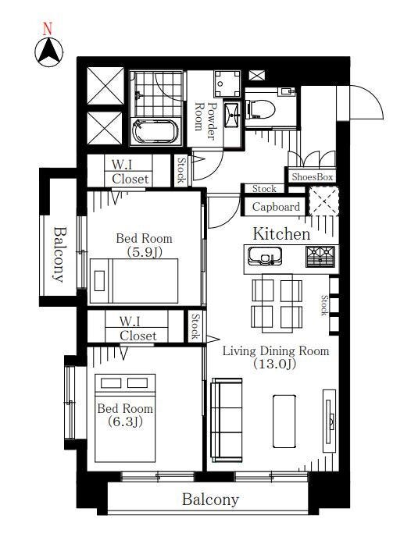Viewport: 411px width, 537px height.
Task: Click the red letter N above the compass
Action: click(48, 29)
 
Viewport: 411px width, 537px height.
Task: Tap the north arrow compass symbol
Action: click(49, 52)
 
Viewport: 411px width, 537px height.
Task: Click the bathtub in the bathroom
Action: click(156, 131)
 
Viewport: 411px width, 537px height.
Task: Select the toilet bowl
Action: click(260, 109)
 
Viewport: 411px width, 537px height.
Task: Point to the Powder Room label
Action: click(205, 121)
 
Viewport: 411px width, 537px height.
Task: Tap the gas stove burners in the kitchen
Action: click(320, 257)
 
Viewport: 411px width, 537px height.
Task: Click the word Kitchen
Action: click(281, 234)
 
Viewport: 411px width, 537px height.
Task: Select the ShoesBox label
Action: click(313, 176)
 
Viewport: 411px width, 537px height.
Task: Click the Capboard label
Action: click(276, 207)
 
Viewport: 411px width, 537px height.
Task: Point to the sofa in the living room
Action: click(227, 420)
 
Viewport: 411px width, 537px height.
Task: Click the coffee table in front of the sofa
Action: click(284, 421)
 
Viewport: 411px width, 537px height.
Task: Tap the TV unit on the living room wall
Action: click(330, 421)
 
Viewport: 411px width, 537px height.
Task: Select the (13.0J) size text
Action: click(274, 364)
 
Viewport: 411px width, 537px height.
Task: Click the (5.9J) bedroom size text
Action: click(145, 252)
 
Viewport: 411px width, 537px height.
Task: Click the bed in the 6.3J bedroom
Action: click(125, 418)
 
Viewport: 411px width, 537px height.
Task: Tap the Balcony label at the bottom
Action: click(210, 500)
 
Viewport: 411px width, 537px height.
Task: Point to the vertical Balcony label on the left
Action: click(59, 254)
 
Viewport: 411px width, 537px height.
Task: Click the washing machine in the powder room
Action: click(227, 84)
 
